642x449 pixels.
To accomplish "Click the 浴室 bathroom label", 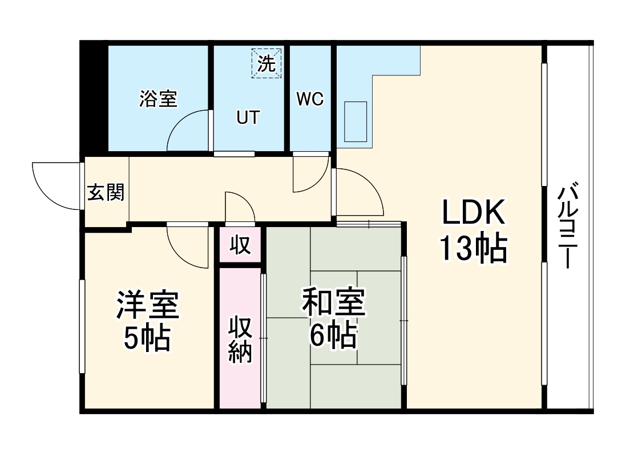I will tap(158, 99).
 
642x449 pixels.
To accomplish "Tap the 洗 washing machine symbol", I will tap(266, 63).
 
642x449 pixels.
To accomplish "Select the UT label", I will tap(248, 118).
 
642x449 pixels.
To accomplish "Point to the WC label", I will tap(310, 99).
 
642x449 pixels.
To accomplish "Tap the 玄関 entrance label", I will tap(106, 193).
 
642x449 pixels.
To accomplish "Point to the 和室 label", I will tap(333, 303).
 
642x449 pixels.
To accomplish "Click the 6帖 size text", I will tap(333, 337).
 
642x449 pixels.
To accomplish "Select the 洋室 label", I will tap(148, 305).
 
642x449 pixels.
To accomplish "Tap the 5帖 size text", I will tap(148, 339).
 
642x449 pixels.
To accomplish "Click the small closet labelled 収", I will tap(240, 245).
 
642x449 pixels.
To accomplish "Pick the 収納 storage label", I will tap(240, 339).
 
